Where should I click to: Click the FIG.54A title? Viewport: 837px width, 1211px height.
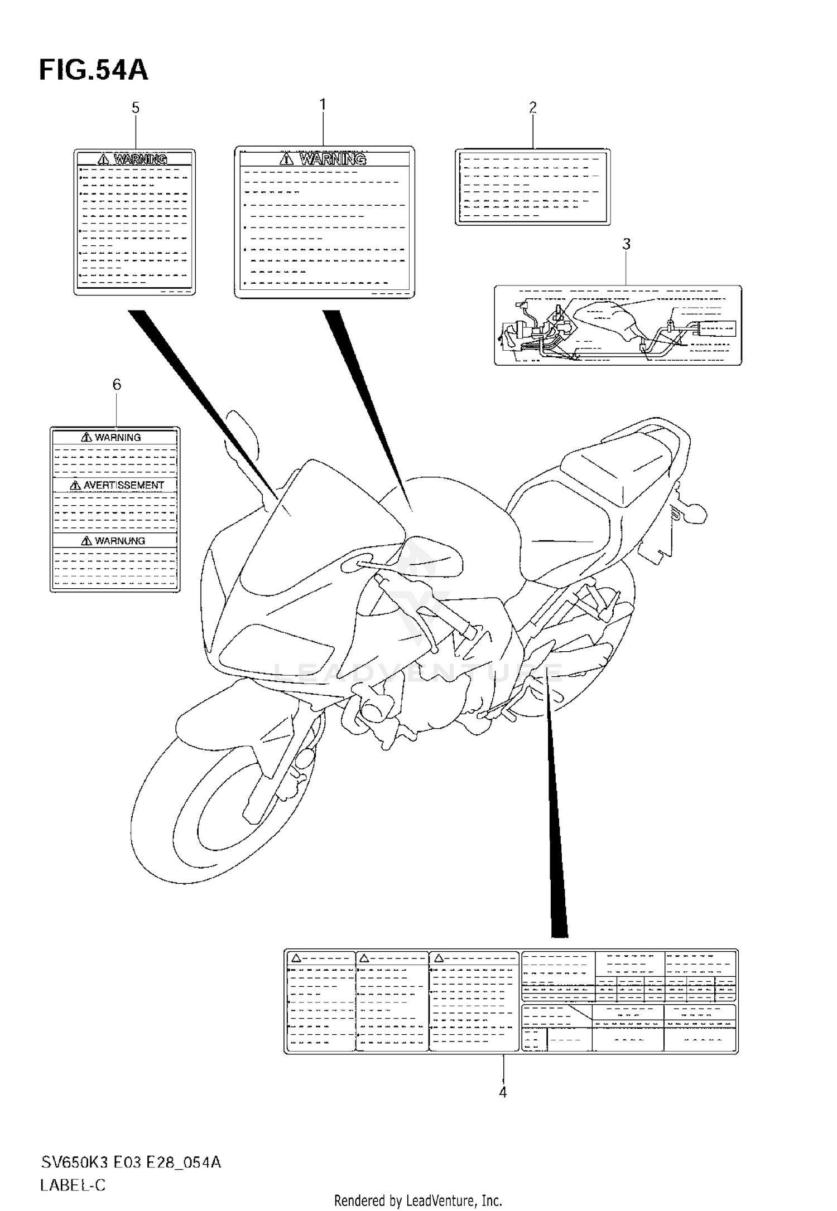(x=94, y=71)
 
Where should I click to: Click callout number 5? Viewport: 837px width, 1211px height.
(x=136, y=108)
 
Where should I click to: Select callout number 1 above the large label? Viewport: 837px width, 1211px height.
(x=323, y=104)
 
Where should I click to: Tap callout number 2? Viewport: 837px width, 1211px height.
(x=533, y=107)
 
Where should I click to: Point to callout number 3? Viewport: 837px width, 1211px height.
(x=627, y=244)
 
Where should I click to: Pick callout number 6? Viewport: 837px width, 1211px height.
(x=117, y=384)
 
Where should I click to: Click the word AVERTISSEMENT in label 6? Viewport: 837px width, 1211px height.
(x=124, y=485)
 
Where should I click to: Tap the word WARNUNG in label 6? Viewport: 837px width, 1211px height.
(x=119, y=541)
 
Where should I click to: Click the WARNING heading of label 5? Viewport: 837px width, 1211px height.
(x=140, y=159)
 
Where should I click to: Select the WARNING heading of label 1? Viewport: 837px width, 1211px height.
(x=333, y=159)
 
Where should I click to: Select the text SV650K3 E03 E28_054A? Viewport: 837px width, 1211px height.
(x=131, y=1162)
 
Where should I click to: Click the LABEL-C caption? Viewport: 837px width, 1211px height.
(x=73, y=1185)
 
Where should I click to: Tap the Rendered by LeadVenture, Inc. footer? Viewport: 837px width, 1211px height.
(x=418, y=1200)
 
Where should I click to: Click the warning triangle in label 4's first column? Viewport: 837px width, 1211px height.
(x=296, y=958)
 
